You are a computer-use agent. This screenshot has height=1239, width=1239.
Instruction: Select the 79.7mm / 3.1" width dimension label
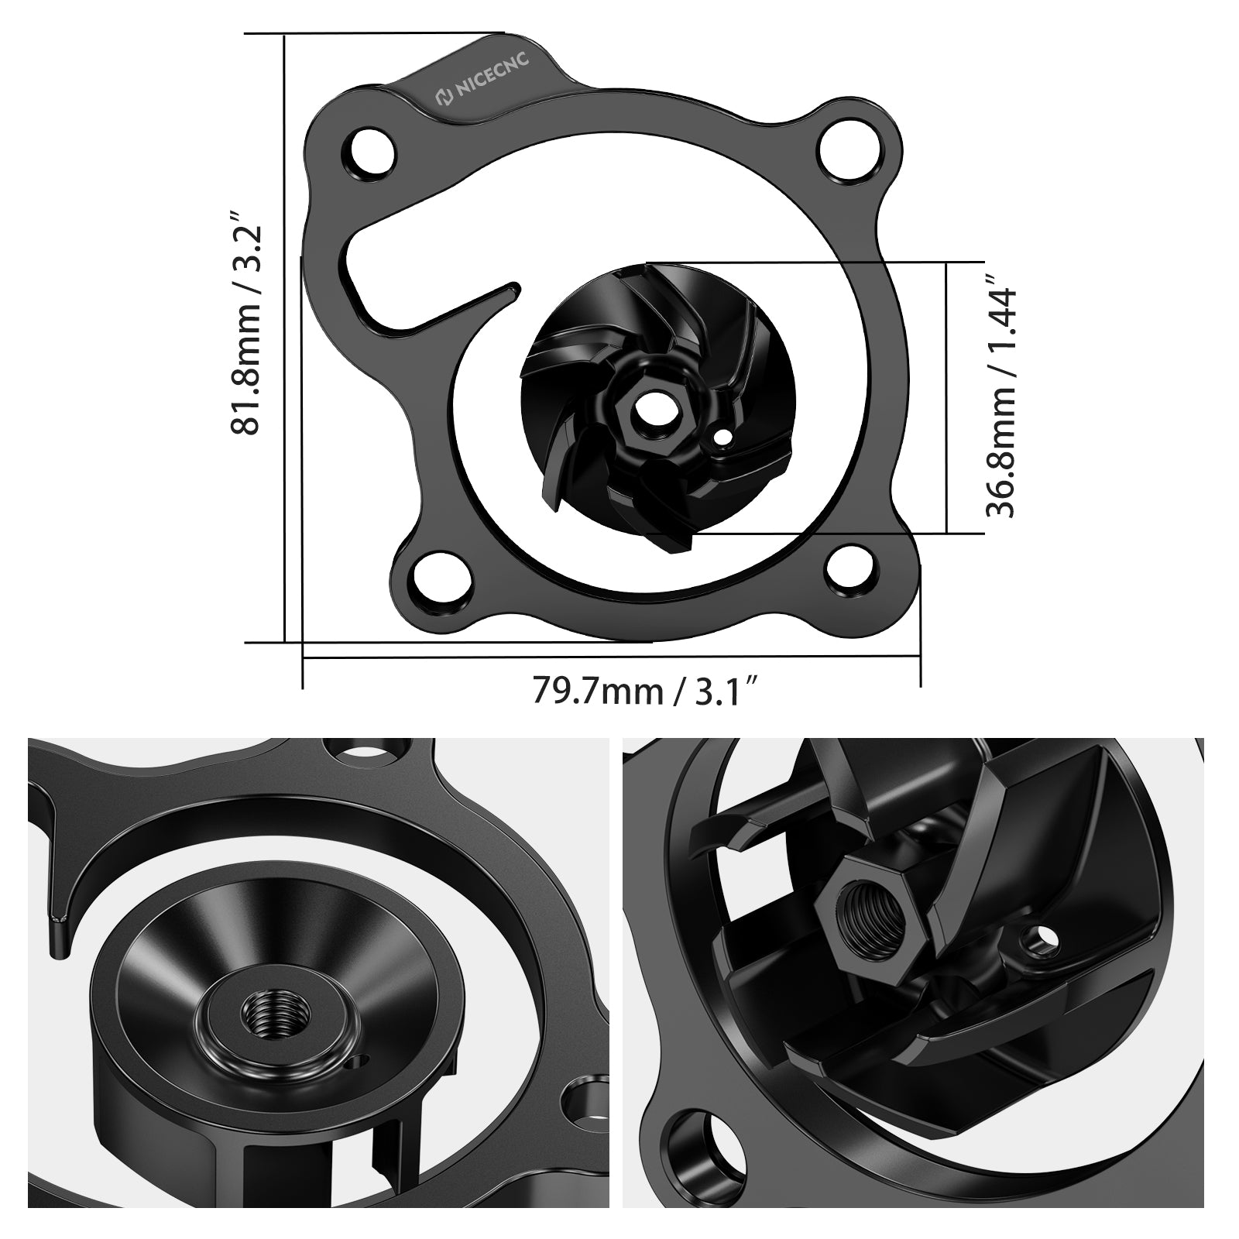643,689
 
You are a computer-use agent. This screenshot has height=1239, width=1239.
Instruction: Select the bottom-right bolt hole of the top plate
849,568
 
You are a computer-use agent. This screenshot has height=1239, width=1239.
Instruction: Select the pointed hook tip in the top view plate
514,290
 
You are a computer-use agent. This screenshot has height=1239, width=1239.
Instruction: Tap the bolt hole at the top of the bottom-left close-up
364,750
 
